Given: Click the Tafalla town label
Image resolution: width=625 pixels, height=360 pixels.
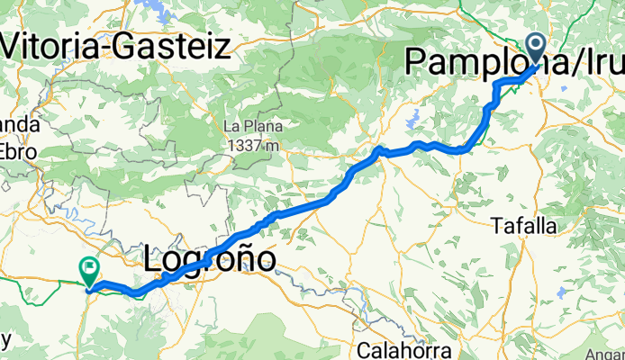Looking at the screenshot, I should pos(525,228).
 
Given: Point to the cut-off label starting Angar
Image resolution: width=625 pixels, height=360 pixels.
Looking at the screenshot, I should pos(605,353).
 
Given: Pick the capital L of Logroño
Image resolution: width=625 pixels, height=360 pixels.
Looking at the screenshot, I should pos(153,259).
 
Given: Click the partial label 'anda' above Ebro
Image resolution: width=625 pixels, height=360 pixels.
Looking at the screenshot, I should pos(18,126).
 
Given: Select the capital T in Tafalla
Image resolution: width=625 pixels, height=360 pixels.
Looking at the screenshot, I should pos(497,228).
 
